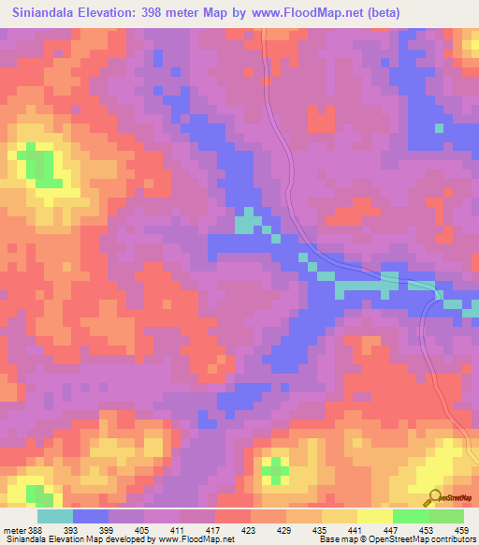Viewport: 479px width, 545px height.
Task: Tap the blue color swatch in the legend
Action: (90, 517)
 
